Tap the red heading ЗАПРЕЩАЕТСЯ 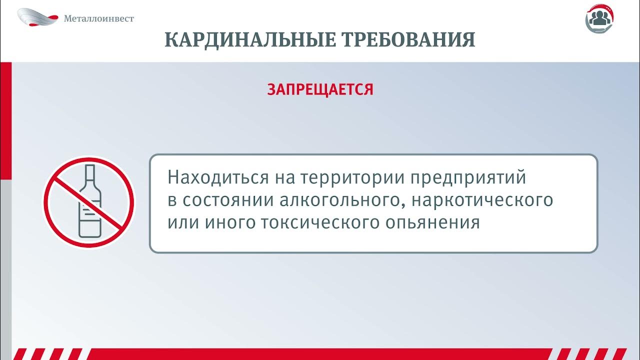coord(320,89)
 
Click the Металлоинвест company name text coord(99,18)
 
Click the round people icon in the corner coord(600,18)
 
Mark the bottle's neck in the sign coord(90,175)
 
